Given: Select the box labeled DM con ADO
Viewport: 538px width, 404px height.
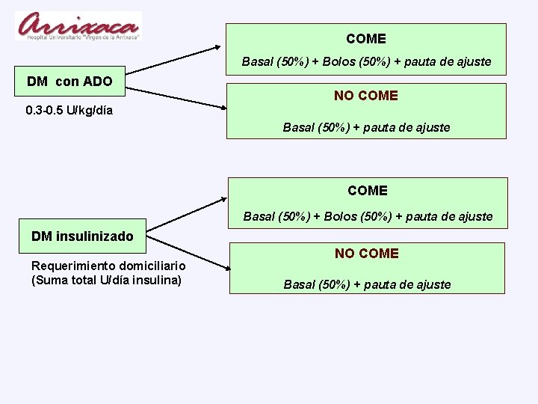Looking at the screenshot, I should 69,81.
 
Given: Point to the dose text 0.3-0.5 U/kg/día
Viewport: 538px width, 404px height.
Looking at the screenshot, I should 69,111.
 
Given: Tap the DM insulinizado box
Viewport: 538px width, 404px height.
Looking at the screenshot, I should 82,236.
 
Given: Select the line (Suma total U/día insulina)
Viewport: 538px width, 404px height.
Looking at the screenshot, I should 106,281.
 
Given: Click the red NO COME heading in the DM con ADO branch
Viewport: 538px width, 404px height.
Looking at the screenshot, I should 366,96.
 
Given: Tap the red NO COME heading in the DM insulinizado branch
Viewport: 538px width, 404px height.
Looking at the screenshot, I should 367,254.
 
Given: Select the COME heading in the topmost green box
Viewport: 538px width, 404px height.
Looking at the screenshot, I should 366,39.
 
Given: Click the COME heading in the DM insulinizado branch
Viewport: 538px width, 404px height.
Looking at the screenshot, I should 368,191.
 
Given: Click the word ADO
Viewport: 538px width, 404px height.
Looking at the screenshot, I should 98,81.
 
